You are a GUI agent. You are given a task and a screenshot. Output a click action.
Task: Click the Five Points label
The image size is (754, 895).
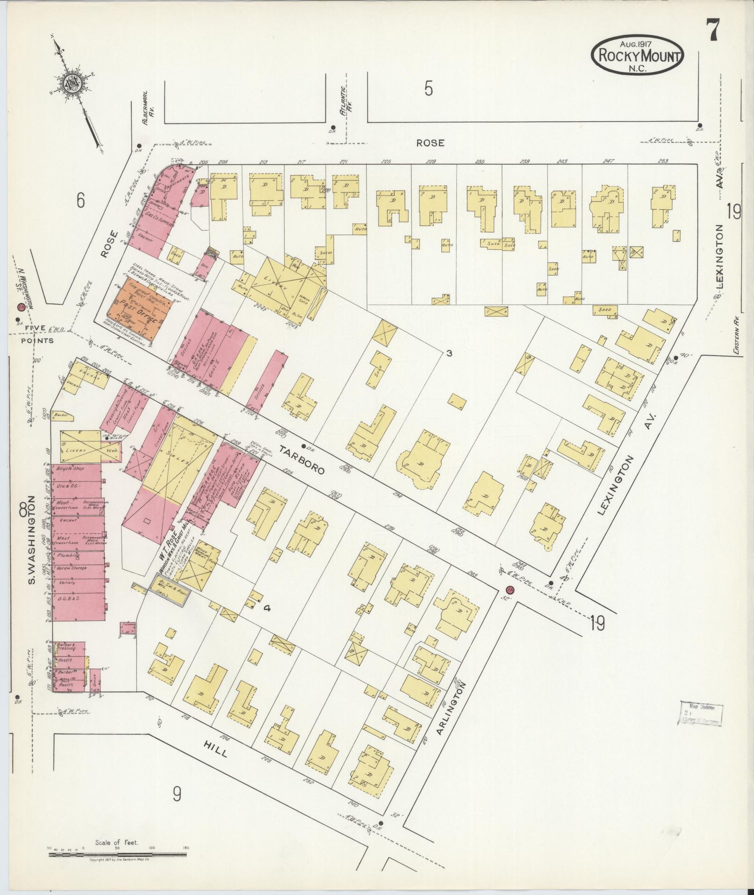(x=36, y=334)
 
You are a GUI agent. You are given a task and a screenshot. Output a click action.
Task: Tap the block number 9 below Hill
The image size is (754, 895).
(x=177, y=794)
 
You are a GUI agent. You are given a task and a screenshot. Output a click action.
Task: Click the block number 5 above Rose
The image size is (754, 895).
(x=429, y=89)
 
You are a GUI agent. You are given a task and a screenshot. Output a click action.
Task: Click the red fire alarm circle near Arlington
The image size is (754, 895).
(x=510, y=589)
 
